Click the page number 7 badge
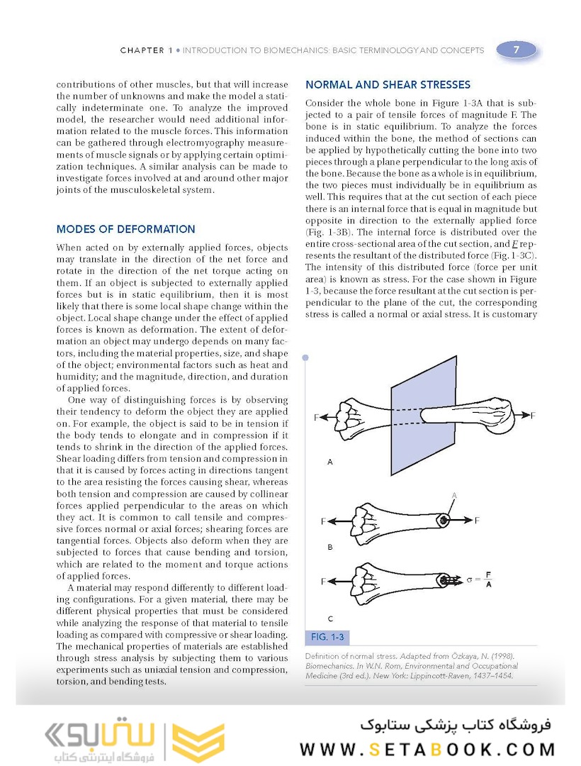pos(516,50)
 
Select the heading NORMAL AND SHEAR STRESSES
pos(388,84)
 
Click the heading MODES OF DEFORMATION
pos(125,229)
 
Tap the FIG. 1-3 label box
pos(327,636)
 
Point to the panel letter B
pos(330,548)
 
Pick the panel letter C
pos(330,618)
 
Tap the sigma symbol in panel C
pos(469,579)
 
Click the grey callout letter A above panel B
pos(454,495)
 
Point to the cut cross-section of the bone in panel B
pos(444,520)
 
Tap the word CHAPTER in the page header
pos(142,50)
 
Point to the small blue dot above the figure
pos(305,358)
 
